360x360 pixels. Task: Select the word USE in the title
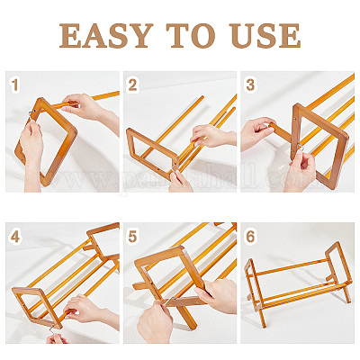coord(265,35)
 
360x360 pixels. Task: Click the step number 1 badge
coord(14,85)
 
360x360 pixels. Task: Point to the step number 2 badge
coord(132,85)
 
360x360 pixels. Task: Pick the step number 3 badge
coord(250,85)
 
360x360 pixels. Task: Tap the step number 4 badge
coord(15,237)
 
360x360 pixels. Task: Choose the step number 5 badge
coord(132,237)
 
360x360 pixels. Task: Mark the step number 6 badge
coord(250,237)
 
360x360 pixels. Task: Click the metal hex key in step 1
coord(31,115)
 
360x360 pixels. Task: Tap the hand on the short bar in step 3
coord(256,133)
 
